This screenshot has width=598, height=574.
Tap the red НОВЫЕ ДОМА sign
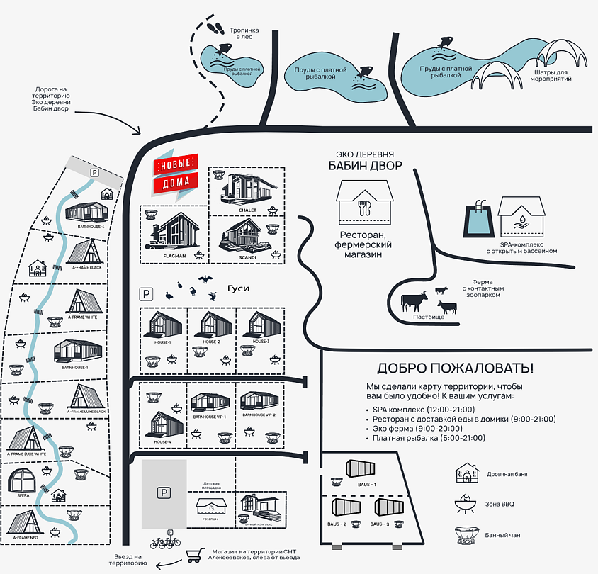[175, 173]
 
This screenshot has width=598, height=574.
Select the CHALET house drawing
[247, 189]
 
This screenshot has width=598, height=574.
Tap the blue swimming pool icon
[475, 221]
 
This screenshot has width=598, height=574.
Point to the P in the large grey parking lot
[164, 493]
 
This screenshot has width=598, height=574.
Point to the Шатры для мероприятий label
[551, 76]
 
